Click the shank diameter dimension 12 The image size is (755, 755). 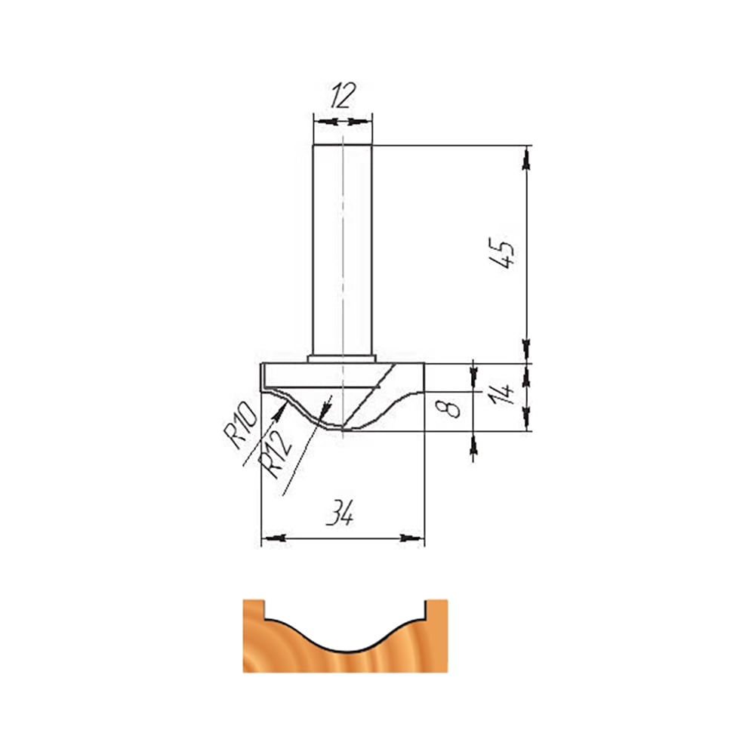(342, 95)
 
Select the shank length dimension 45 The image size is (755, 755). (501, 252)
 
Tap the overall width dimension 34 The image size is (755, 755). (340, 513)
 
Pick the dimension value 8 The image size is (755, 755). (448, 409)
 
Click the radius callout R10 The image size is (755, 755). (240, 425)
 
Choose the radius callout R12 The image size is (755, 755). (275, 454)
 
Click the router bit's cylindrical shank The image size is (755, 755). (342, 251)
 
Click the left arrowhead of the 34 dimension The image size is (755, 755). (276, 538)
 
